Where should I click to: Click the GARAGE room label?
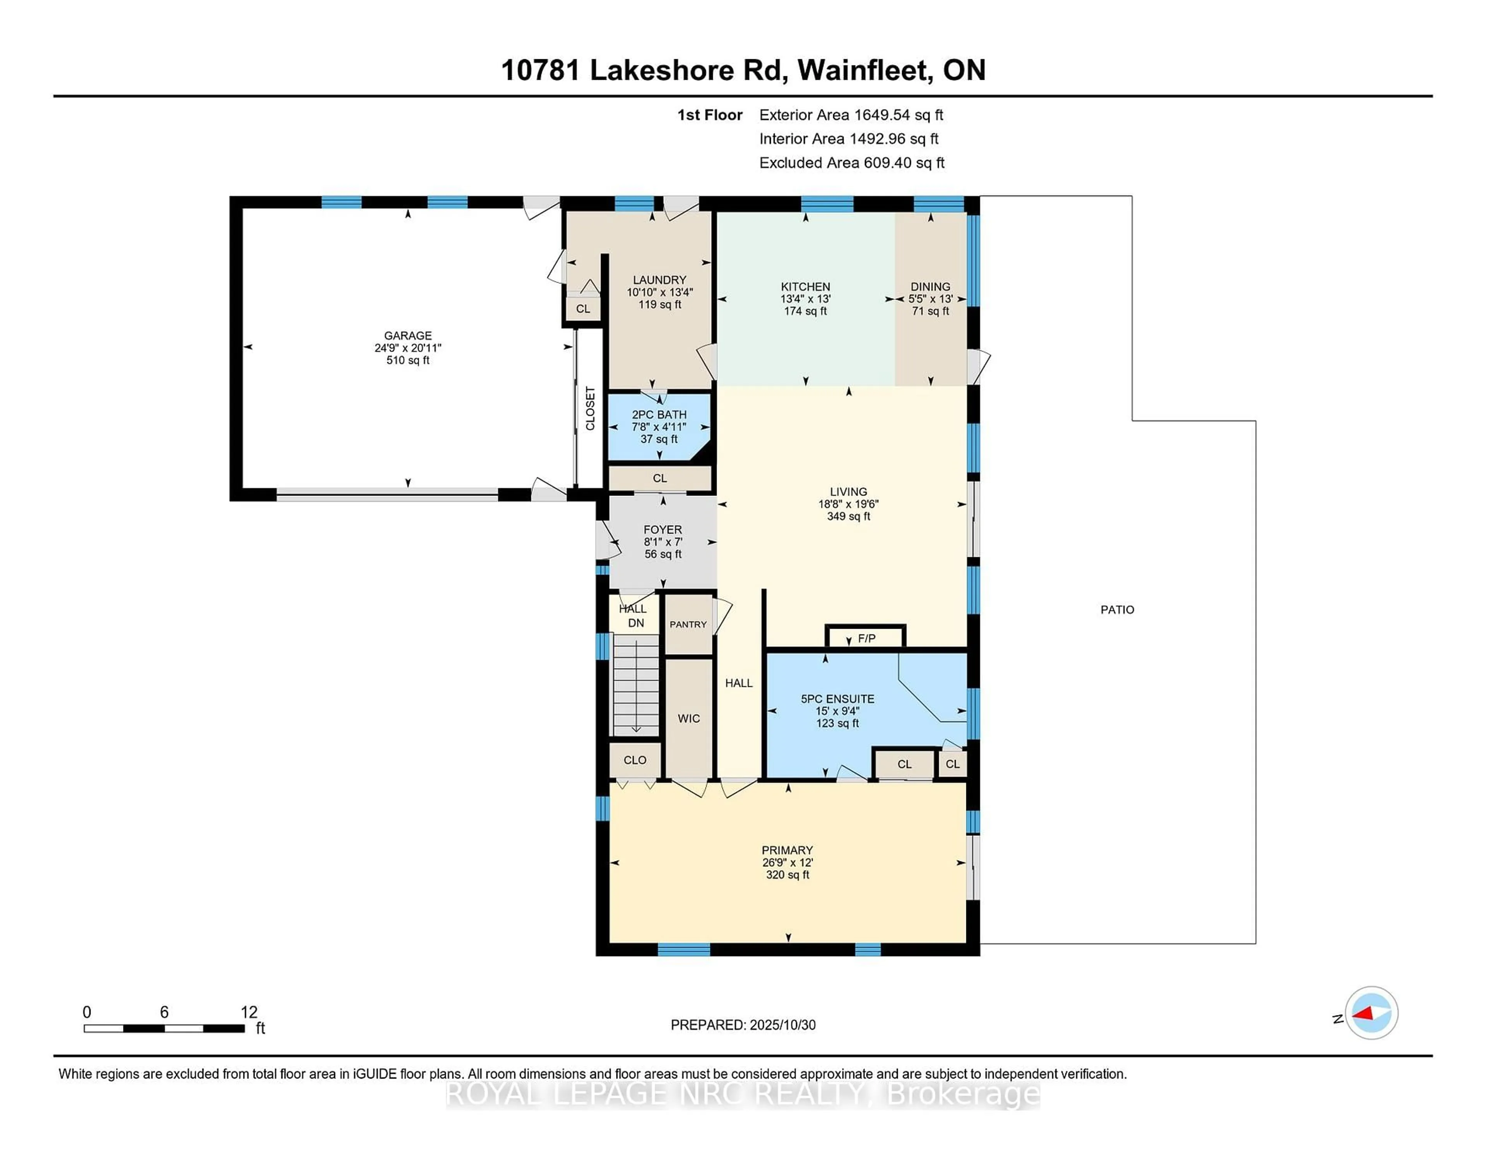pos(407,336)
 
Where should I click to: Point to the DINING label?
pos(930,286)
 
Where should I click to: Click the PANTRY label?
pos(688,624)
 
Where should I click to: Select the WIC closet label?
pos(688,718)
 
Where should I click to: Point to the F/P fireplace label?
pos(866,638)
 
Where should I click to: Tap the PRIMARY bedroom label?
pos(787,850)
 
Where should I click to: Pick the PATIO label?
pos(1117,610)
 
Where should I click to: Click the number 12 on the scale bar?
pos(249,1012)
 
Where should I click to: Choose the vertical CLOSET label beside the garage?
pos(590,408)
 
